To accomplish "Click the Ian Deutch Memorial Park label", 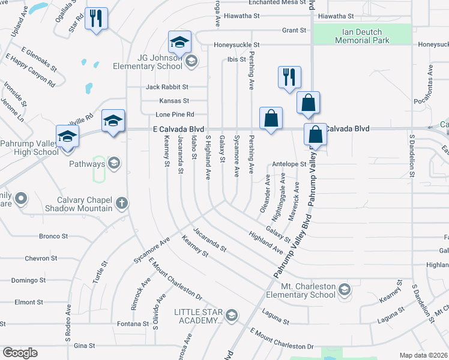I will (362, 36).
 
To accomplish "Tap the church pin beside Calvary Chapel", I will (121, 203).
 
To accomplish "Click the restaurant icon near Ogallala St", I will (95, 19).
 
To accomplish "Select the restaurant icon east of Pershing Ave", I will (289, 77).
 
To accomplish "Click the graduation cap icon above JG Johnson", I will (179, 43).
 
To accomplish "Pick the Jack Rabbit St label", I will (167, 87).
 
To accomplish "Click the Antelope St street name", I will (289, 163).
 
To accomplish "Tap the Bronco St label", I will (55, 236).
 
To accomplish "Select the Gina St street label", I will (84, 346).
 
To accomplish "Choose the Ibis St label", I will (237, 59).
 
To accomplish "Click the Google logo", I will (20, 353).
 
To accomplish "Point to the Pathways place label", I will (87, 163).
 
